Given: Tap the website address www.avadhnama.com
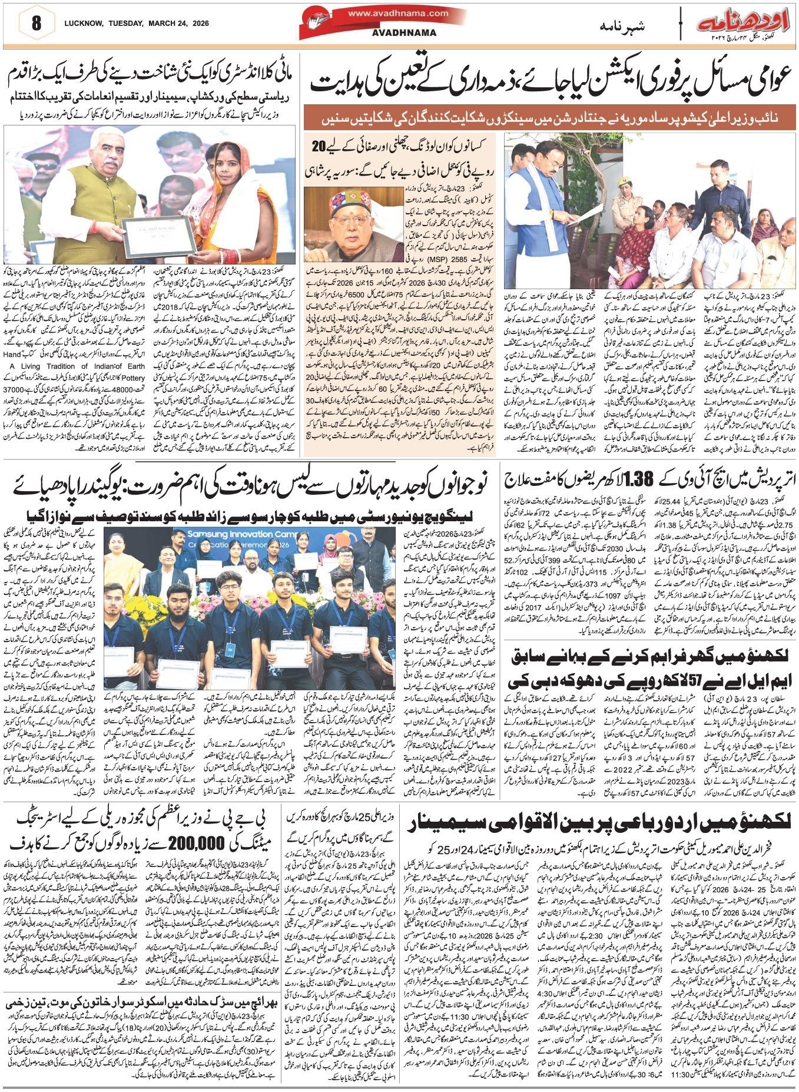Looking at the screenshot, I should (x=397, y=13).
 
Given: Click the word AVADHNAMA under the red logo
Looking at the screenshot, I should (x=397, y=33).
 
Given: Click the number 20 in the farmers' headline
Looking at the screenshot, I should (x=319, y=145).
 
